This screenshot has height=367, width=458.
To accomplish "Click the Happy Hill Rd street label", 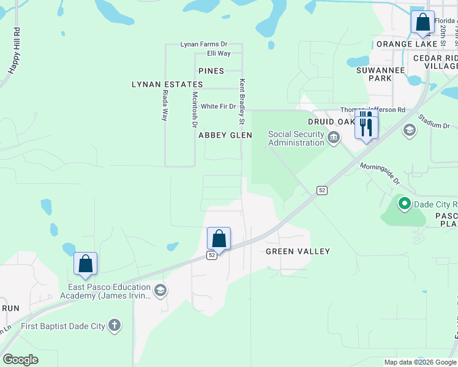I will (14, 51).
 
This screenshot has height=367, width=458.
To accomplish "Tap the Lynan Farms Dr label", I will (203, 44).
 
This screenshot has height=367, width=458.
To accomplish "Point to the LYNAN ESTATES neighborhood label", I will (167, 84).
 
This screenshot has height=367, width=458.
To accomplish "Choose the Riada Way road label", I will (165, 105).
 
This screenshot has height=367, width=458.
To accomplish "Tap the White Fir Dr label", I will (218, 106).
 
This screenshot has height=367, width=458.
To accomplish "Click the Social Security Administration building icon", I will (333, 137).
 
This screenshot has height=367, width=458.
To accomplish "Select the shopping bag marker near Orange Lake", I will (422, 23).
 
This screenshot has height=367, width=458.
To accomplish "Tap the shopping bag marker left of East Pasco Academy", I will (86, 264).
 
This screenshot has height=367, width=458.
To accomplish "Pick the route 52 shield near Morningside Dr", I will (322, 191).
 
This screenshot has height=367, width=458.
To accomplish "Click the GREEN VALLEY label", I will (298, 251).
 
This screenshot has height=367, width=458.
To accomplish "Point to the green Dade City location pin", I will (404, 204).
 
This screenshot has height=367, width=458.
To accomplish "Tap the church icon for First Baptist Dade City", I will (114, 325).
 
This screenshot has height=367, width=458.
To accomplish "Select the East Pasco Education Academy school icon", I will (160, 289).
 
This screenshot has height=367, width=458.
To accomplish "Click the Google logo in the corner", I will (20, 360).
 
